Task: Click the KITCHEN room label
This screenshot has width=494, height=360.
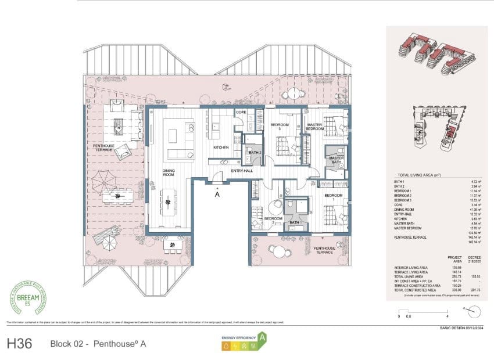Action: tap(221, 147)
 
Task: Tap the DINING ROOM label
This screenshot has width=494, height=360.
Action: tap(169, 172)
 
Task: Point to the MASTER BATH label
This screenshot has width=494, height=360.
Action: tap(337, 160)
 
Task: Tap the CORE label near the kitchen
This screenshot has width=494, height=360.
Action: tap(241, 111)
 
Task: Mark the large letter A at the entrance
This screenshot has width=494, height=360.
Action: tap(217, 195)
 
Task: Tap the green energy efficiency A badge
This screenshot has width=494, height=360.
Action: tap(262, 337)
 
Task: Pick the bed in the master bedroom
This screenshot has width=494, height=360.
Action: tap(334, 125)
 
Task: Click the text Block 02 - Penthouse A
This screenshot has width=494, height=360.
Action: tap(98, 344)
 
